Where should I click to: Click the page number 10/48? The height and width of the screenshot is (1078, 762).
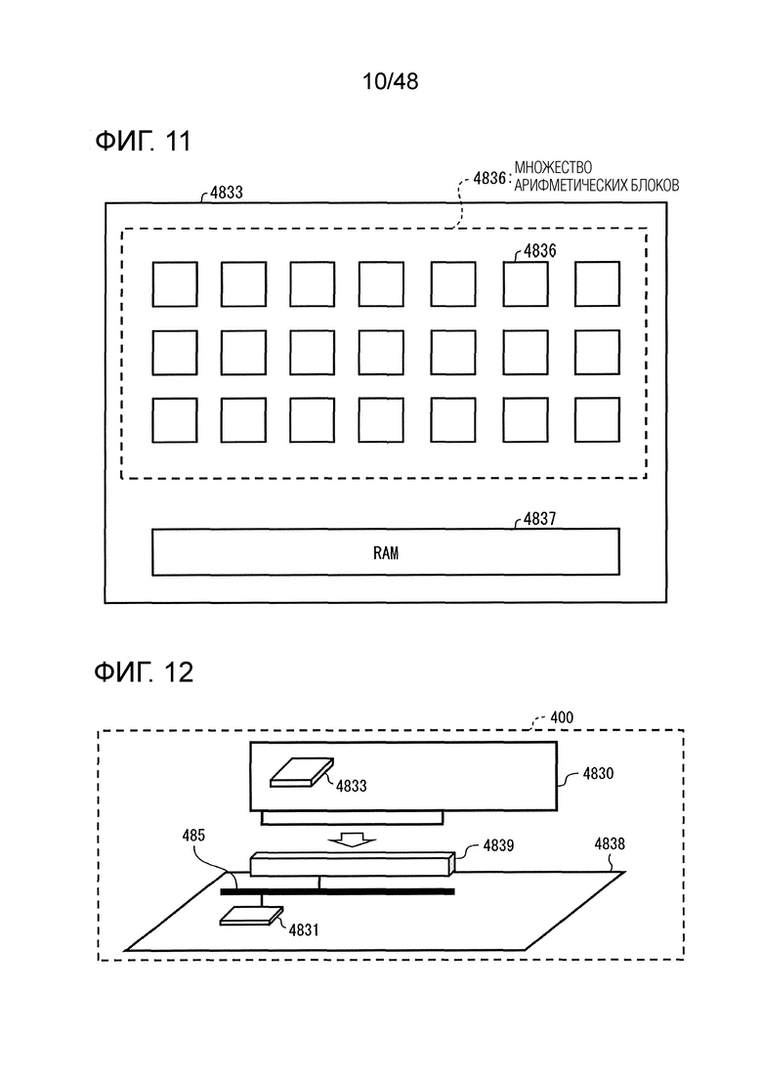(x=390, y=82)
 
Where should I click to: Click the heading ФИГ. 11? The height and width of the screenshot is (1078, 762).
(x=143, y=141)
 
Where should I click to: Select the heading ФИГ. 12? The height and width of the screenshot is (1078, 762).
(x=144, y=671)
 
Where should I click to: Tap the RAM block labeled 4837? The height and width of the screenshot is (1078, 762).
(x=386, y=551)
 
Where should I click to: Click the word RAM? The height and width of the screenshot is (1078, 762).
(x=386, y=553)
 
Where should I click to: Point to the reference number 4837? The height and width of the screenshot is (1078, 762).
(x=539, y=518)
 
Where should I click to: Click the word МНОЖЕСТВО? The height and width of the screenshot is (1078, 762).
(x=552, y=167)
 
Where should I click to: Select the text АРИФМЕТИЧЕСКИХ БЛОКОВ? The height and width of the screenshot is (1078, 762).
(x=596, y=185)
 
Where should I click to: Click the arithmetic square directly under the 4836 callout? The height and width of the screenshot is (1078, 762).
(x=526, y=284)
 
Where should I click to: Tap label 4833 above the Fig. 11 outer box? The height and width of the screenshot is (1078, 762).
(x=226, y=193)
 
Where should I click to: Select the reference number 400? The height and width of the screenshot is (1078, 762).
(x=562, y=717)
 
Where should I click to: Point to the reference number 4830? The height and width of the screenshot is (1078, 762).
(x=598, y=773)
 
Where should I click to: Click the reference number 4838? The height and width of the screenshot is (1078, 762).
(x=610, y=843)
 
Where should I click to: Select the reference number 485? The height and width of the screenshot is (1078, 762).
(x=193, y=836)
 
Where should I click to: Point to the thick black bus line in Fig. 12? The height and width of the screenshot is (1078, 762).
(x=337, y=891)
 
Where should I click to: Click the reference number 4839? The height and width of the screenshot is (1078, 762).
(x=499, y=845)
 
